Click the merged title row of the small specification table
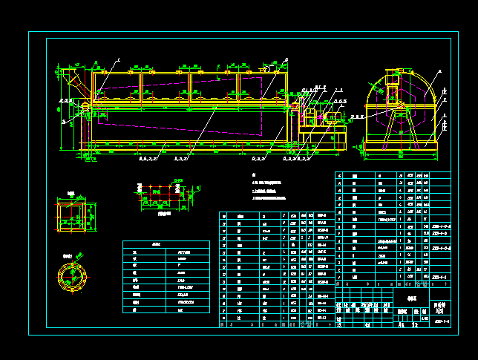click(x=166, y=244)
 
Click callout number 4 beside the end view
click(x=439, y=71)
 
